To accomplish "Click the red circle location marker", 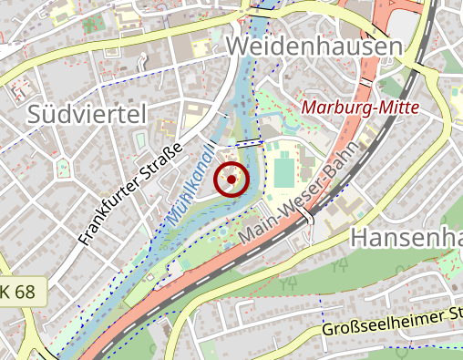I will point(231,180).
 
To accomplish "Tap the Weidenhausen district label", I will point(314,46).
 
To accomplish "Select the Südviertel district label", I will point(87,114).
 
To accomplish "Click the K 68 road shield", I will point(20,292).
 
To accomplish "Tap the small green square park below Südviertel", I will point(63,169).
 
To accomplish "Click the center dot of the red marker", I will point(231,180).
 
